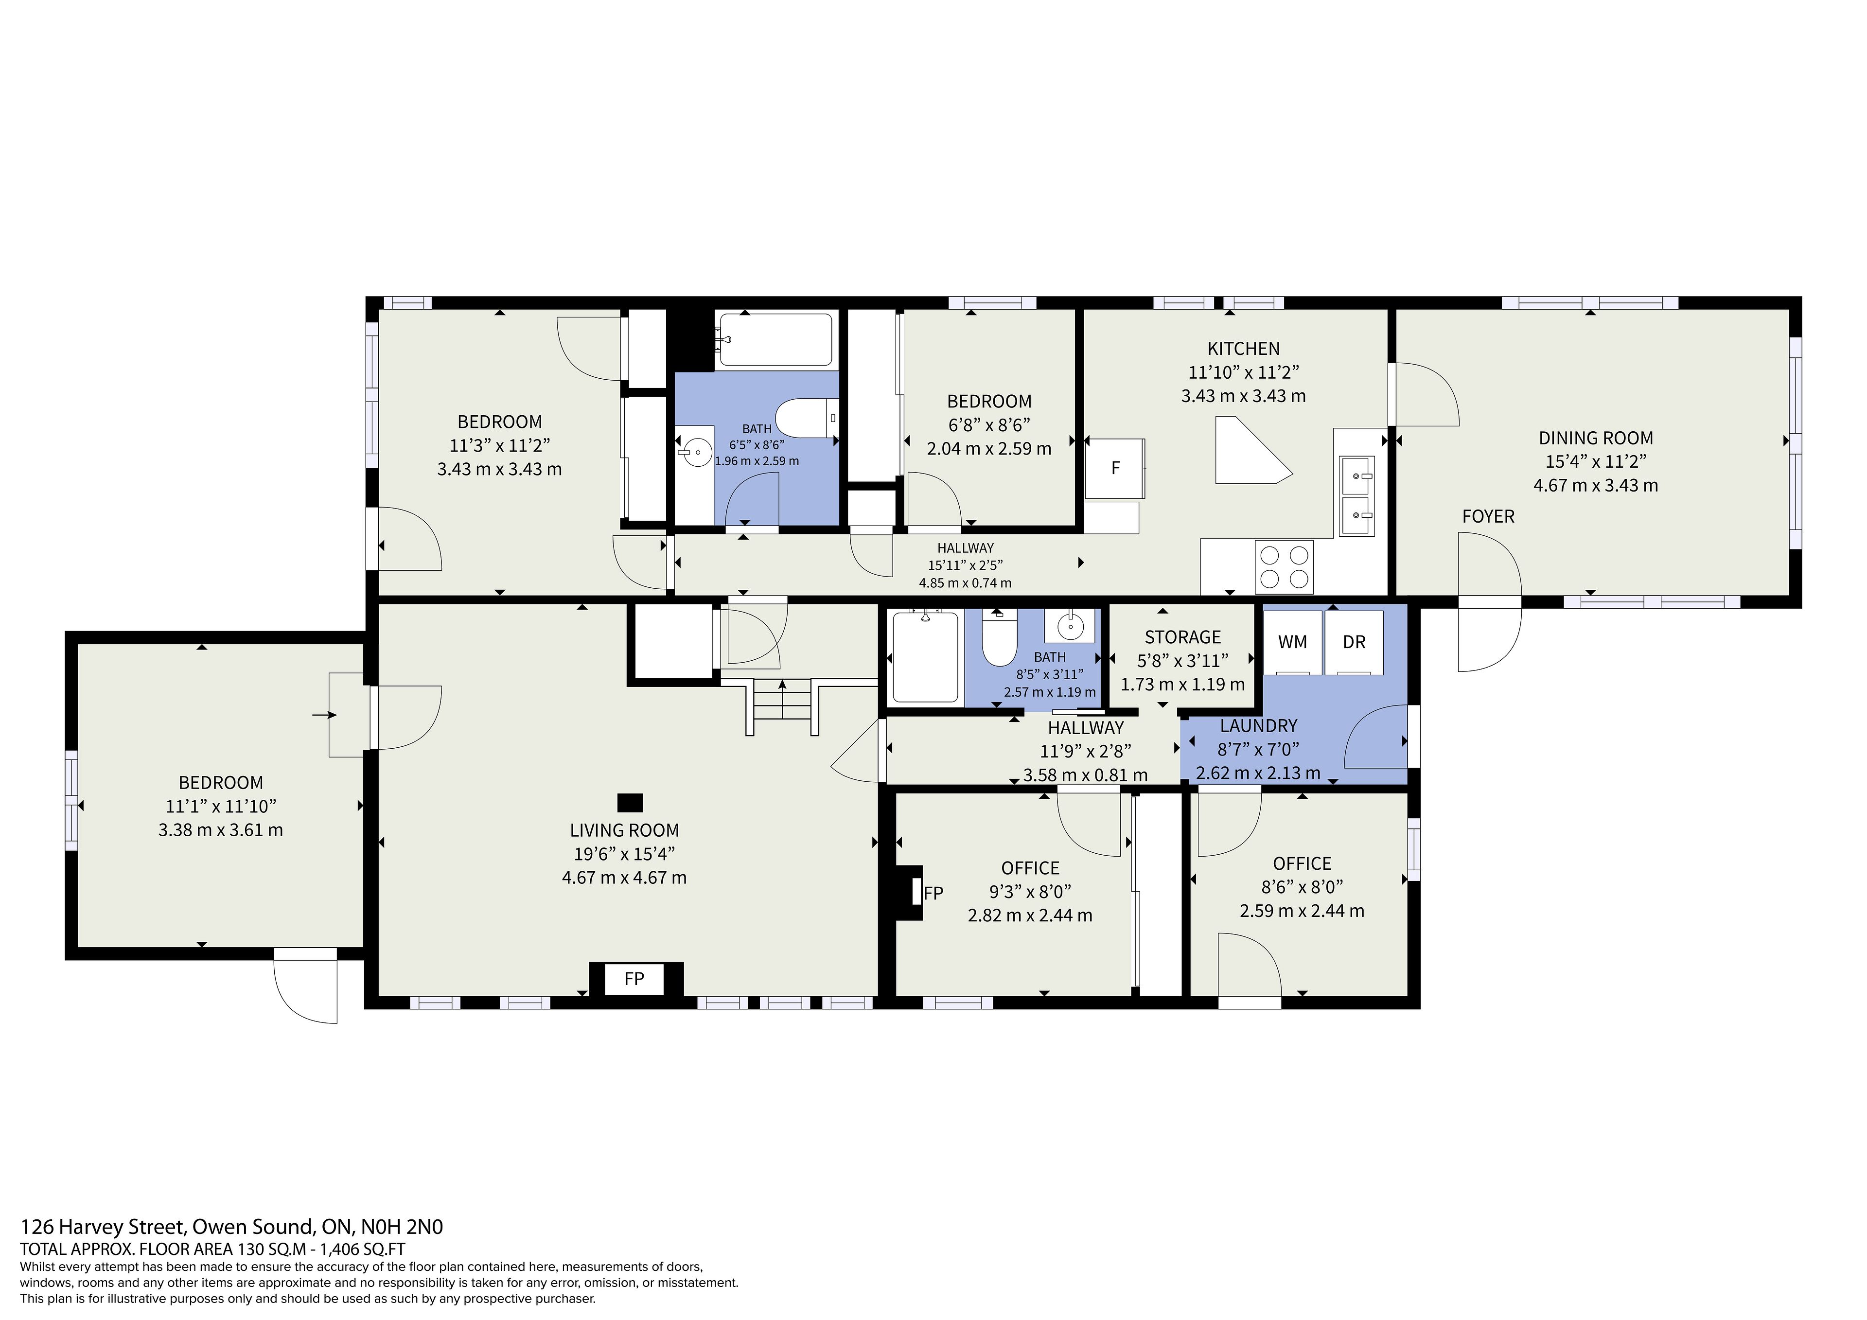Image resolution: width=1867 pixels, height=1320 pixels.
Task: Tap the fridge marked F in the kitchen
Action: tap(1115, 469)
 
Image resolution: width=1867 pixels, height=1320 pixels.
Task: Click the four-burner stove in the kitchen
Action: tap(1284, 567)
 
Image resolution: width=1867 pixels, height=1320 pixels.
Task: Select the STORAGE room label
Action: tap(1182, 637)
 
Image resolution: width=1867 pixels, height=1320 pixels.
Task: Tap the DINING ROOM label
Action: tap(1595, 439)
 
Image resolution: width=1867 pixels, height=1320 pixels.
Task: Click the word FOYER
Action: tap(1488, 516)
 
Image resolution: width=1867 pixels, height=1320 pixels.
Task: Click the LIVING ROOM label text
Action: tap(624, 830)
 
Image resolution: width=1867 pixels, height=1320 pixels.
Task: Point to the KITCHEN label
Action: tap(1243, 349)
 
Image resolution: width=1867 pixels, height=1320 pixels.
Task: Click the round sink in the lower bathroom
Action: tap(1070, 625)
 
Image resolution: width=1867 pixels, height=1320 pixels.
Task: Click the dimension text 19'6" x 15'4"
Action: tap(624, 854)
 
